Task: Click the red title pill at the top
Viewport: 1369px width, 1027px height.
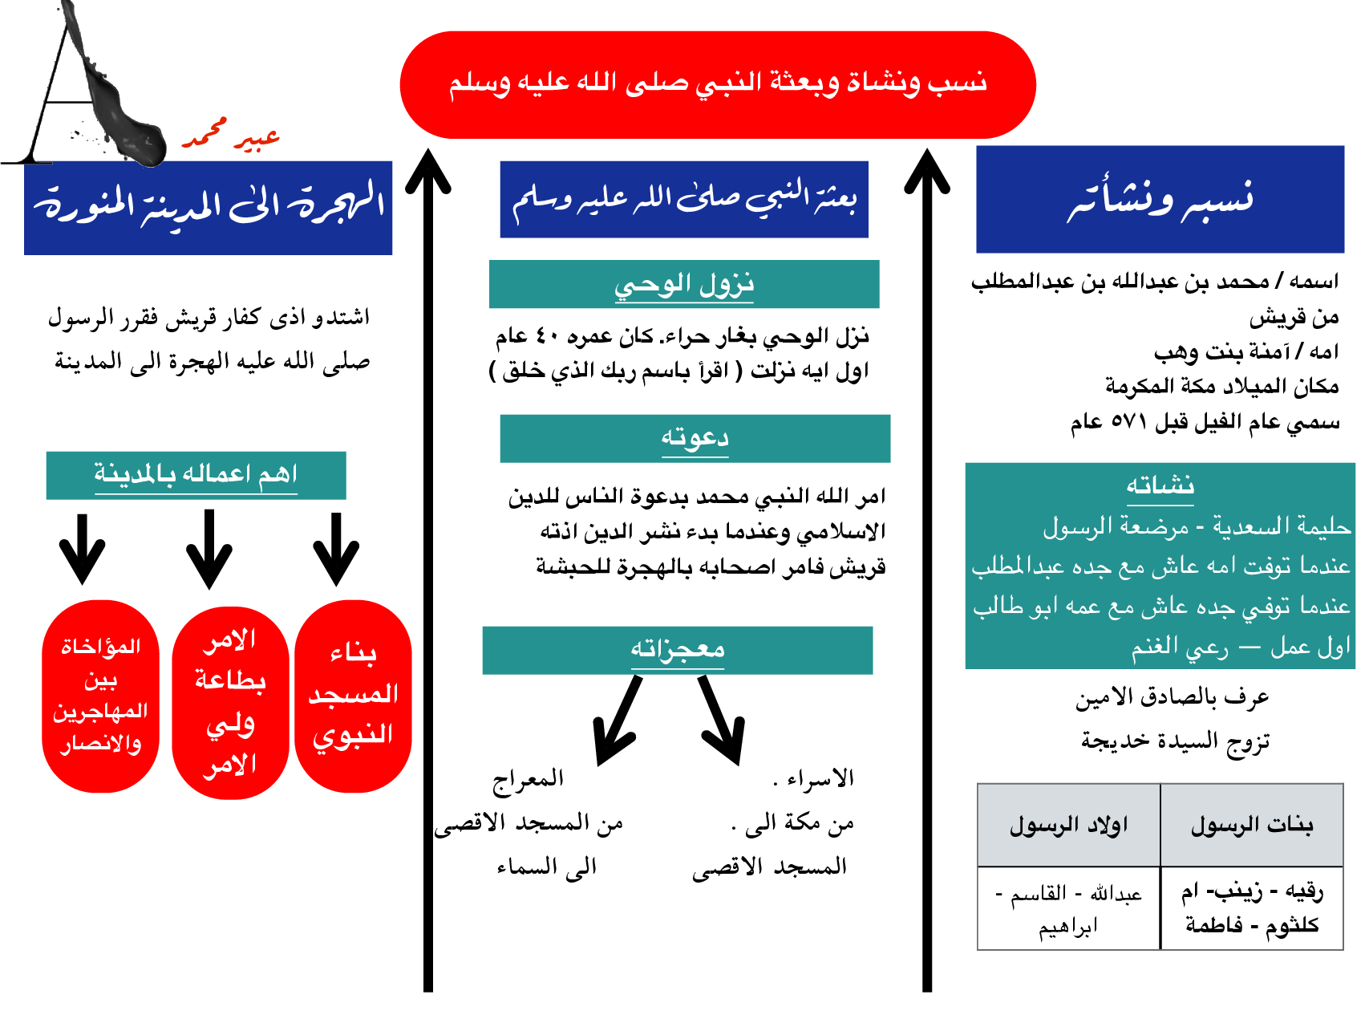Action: pos(717,84)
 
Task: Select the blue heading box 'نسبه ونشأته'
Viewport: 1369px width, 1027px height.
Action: pos(1159,199)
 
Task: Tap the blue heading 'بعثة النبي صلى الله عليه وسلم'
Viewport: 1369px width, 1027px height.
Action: pos(683,199)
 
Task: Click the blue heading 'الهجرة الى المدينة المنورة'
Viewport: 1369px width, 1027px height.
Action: pos(208,207)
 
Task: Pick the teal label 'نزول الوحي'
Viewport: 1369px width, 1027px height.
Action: pos(683,284)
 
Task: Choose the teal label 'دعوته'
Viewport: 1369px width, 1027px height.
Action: pos(695,438)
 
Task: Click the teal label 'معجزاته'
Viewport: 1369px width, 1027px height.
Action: pos(677,650)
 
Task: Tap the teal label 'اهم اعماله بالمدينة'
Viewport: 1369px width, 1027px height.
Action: pos(196,475)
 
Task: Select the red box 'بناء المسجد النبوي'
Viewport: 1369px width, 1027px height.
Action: pos(353,696)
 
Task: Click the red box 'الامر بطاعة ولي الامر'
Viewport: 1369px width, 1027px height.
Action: pos(230,702)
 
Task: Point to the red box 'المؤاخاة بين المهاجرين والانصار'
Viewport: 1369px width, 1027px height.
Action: pos(100,696)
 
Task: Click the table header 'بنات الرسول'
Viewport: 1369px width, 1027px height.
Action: pos(1251,825)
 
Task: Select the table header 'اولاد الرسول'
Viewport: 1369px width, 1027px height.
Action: pos(1068,825)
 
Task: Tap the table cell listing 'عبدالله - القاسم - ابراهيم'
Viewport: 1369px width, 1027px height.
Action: pos(1068,909)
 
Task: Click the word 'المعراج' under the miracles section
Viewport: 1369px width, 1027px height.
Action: pos(528,778)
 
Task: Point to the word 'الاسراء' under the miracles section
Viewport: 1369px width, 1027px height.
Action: pos(820,778)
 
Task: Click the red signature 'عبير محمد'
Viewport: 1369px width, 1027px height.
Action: pos(231,136)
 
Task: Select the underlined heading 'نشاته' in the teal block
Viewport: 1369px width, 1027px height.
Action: pos(1160,486)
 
